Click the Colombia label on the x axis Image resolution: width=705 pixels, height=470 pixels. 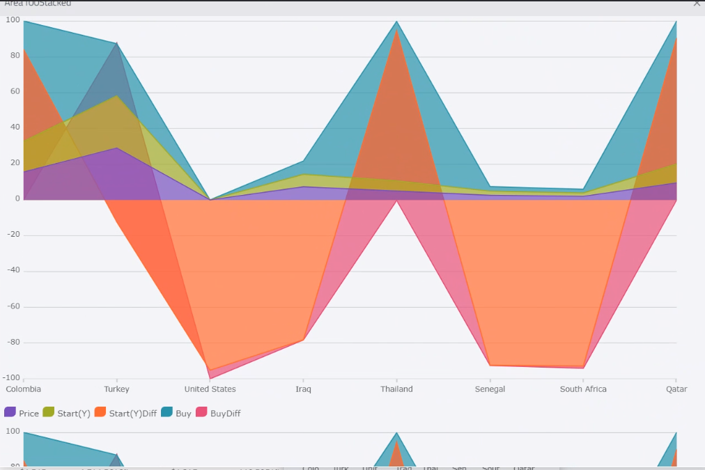coord(23,389)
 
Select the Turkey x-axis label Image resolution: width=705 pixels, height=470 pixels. coord(116,389)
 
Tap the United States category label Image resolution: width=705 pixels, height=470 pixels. coord(210,389)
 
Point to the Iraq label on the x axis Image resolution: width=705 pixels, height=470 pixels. coord(303,389)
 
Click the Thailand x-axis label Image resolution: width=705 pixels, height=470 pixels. coord(396,389)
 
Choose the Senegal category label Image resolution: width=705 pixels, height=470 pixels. coord(490,389)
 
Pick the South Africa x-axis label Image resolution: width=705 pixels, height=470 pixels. coord(583,389)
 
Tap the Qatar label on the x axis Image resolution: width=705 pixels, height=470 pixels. coord(676,389)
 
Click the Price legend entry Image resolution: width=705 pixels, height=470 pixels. coord(22,413)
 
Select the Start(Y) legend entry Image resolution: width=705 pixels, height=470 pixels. coord(67,413)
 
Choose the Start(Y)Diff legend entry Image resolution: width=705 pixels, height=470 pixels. coord(125,413)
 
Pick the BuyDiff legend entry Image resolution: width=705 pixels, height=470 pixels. coord(218,413)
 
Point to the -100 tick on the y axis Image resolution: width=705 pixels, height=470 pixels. coord(10,379)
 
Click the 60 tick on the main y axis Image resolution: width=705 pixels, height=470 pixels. coord(14,91)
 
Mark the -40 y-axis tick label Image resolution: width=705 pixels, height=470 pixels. coord(13,271)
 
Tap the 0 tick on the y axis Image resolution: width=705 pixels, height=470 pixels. coord(17,199)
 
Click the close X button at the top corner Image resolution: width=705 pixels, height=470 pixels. coord(697,3)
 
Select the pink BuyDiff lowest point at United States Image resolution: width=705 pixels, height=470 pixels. coord(210,378)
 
